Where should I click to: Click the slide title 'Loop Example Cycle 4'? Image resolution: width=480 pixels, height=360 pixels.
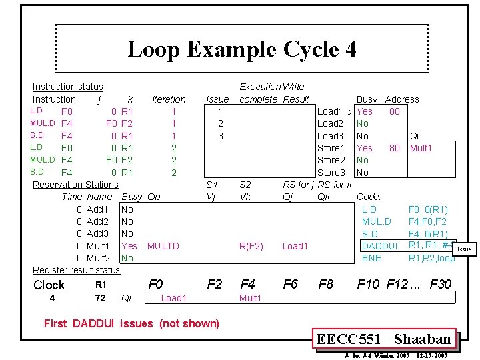241,49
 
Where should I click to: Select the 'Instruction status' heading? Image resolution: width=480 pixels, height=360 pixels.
68,87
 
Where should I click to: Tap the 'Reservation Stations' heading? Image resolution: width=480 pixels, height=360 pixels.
75,184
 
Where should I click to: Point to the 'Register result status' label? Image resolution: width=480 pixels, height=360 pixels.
76,270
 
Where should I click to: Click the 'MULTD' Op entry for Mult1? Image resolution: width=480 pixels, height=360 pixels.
163,246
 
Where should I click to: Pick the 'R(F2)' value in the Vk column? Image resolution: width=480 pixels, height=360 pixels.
252,246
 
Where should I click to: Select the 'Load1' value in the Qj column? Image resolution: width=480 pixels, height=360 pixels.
295,246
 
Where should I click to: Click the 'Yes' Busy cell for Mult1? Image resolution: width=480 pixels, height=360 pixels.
129,246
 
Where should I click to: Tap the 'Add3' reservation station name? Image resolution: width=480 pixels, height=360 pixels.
98,233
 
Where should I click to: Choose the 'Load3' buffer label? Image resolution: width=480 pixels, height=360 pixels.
330,136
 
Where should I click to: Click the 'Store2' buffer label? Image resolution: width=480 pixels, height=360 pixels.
331,160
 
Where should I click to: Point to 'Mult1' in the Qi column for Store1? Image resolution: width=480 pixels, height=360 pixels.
421,148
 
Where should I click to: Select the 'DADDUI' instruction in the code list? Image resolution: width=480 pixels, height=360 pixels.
380,246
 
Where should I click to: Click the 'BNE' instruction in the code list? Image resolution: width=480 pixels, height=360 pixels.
371,258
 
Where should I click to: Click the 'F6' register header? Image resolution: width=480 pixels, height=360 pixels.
291,285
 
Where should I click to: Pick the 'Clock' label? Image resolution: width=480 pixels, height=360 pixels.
49,285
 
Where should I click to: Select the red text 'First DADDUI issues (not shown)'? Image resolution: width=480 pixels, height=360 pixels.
131,324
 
